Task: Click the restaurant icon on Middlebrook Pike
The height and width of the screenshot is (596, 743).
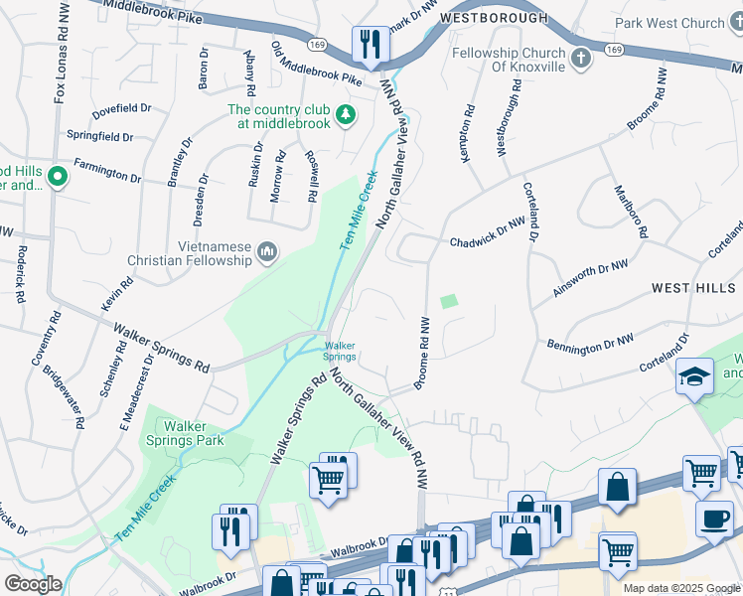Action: [369, 44]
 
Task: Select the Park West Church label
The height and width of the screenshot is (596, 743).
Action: [669, 23]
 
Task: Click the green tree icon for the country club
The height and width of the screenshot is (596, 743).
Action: [345, 117]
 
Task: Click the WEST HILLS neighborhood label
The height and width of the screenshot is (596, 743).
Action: [695, 287]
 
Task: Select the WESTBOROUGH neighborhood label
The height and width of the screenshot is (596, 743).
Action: [494, 18]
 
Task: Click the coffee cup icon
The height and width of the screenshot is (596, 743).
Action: [714, 519]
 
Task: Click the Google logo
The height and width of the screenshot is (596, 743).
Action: [33, 584]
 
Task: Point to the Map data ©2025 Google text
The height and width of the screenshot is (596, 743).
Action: [681, 588]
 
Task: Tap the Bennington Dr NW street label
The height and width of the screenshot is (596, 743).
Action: [590, 343]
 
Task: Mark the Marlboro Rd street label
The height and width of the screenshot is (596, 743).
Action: [631, 211]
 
